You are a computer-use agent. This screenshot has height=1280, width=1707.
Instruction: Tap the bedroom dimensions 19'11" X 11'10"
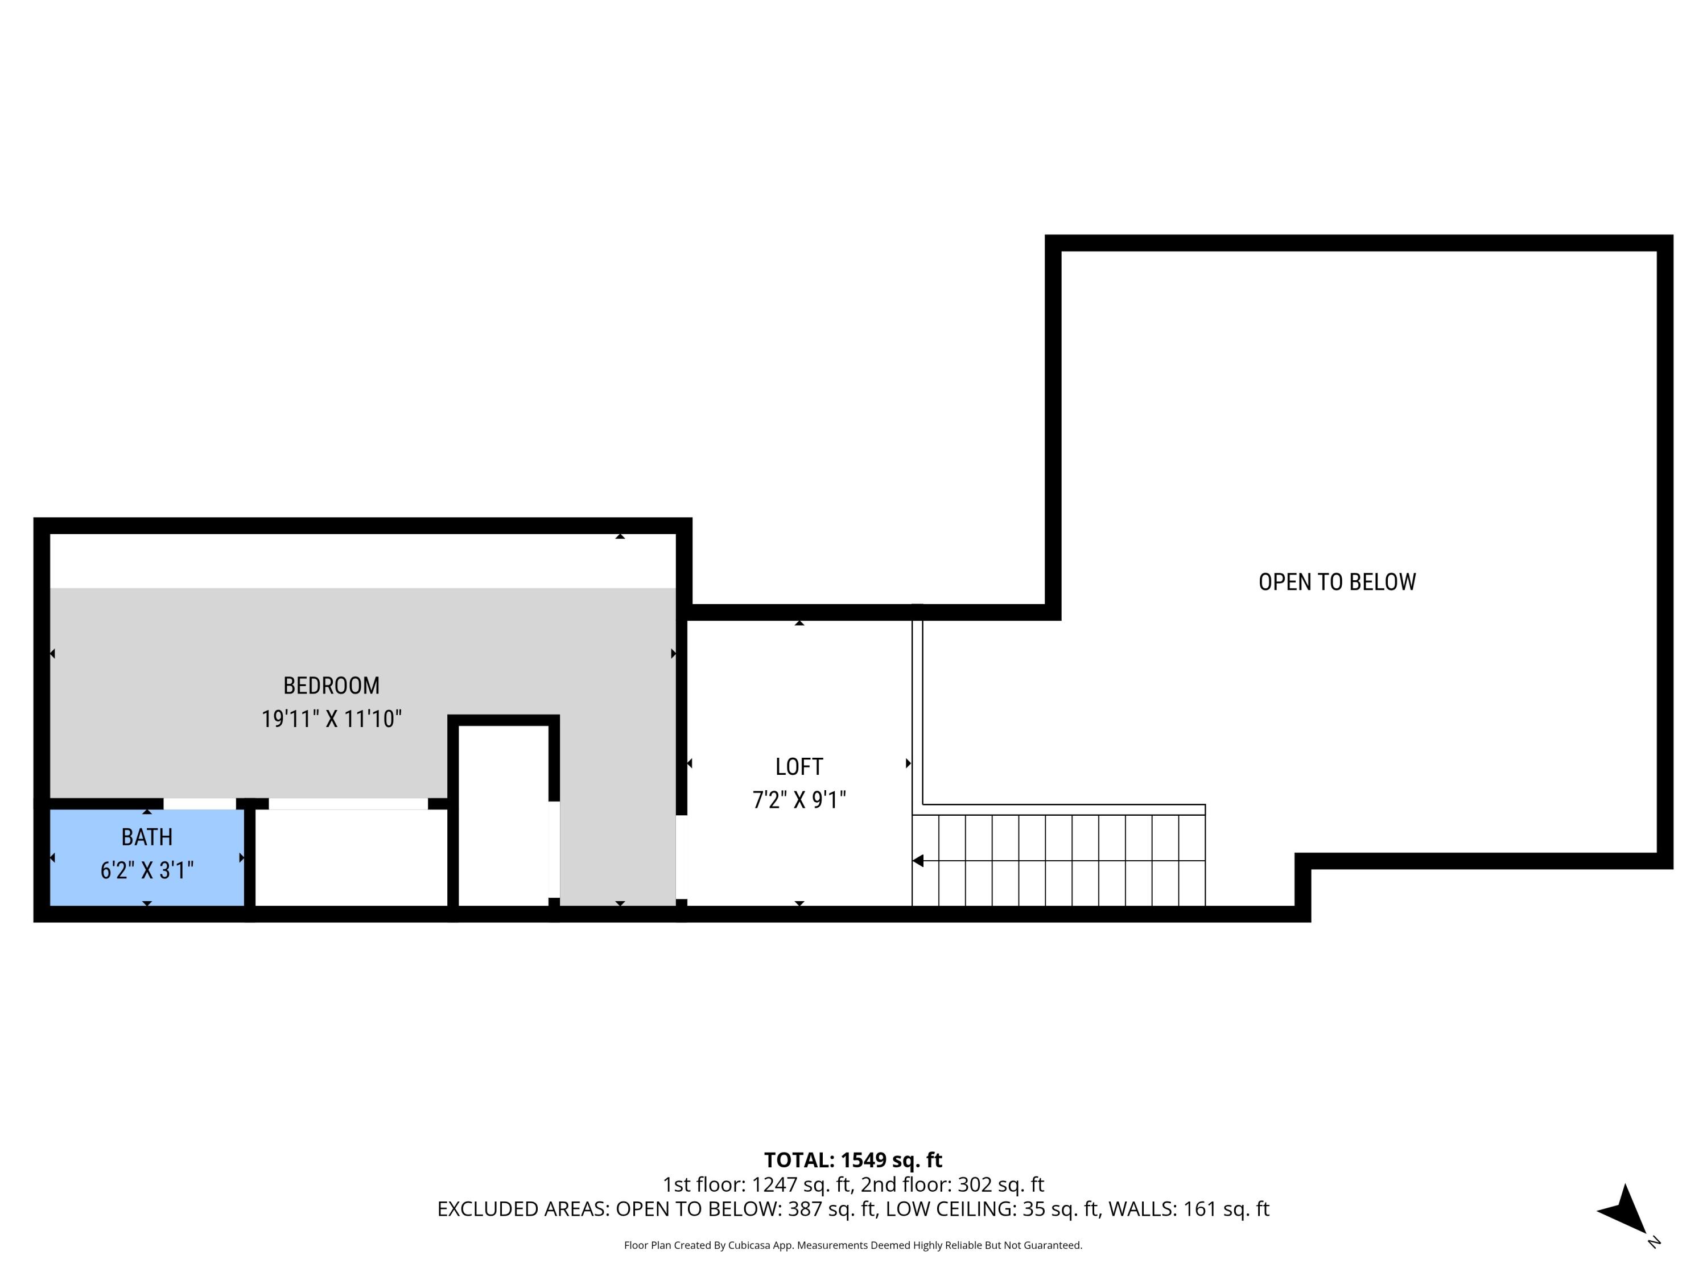tap(331, 719)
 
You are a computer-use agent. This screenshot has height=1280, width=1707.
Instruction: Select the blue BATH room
tap(147, 856)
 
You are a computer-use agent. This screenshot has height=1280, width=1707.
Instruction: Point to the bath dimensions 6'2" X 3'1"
tap(147, 871)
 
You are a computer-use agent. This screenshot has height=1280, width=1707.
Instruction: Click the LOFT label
tap(799, 766)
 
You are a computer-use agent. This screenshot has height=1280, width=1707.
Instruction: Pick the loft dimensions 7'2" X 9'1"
tap(799, 800)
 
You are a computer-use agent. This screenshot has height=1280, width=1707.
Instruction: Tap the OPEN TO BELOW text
tap(1337, 582)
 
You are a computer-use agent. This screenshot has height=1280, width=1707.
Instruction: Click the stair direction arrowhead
tap(918, 860)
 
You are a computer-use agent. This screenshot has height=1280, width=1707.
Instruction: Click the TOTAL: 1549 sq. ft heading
tap(853, 1159)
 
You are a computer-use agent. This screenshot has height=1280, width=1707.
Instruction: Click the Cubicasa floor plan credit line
tap(853, 1245)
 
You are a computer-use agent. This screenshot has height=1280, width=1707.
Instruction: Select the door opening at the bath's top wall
tap(199, 804)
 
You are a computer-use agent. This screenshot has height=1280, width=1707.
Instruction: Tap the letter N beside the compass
tap(1653, 1242)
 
